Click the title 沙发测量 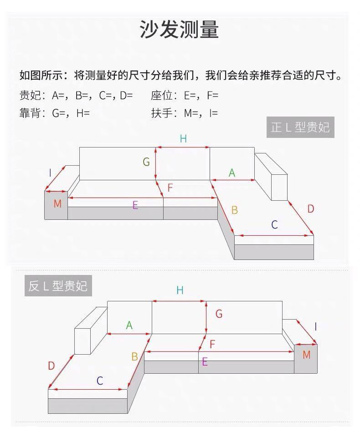[180, 29]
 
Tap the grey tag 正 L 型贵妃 [300, 127]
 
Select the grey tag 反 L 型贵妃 [58, 286]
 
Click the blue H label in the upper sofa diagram [183, 139]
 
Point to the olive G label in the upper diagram [146, 162]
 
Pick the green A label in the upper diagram [231, 173]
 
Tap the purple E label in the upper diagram [135, 205]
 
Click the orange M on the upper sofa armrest [57, 203]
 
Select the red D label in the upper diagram [311, 209]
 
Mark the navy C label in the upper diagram [274, 225]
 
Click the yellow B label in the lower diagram [134, 356]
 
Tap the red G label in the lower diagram [219, 314]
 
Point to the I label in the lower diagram [316, 326]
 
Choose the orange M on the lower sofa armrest [307, 355]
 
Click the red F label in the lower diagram [212, 344]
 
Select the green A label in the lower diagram [129, 325]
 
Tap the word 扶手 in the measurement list [162, 113]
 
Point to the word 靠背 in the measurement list [30, 113]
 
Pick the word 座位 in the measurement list [162, 95]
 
